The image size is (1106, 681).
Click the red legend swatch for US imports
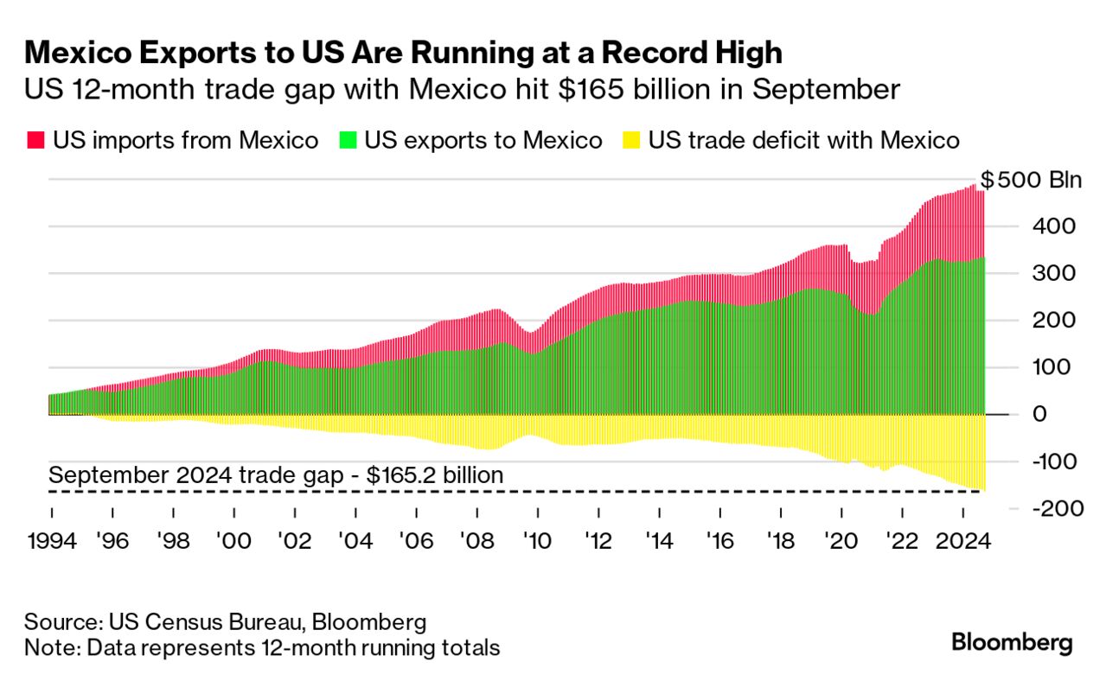(36, 140)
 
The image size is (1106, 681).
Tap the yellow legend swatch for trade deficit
(632, 140)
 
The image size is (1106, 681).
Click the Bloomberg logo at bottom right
(1012, 643)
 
